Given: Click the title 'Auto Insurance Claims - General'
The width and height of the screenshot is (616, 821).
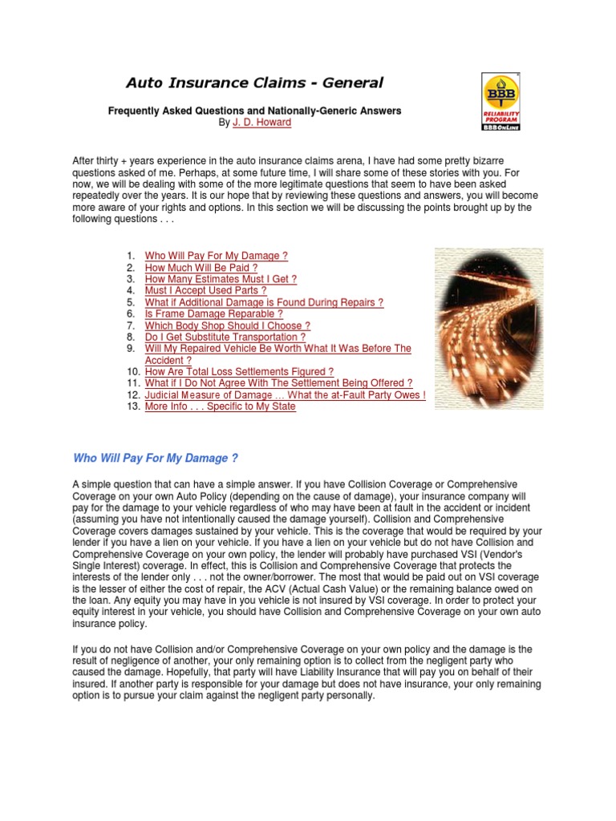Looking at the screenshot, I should [x=254, y=83].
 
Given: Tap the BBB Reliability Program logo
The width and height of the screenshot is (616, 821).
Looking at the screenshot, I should [x=500, y=101].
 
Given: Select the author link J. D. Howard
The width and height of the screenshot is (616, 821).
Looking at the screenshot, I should [x=261, y=123].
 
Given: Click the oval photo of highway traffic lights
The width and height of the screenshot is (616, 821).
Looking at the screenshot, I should [x=488, y=328].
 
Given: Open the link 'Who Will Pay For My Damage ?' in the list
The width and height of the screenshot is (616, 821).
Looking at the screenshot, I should [x=216, y=257].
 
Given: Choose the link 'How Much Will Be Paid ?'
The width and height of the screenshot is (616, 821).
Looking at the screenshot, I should [x=201, y=268].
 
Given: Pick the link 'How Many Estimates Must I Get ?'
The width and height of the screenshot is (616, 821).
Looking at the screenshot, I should [x=221, y=279].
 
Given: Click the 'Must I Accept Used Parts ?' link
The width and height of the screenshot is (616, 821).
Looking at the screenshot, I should [x=205, y=291].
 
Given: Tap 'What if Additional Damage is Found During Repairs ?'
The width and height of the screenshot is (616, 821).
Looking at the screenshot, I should [x=264, y=302].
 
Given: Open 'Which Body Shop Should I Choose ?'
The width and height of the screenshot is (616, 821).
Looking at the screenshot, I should [x=227, y=326].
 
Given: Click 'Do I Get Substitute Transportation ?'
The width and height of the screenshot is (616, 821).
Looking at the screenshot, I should [x=225, y=338].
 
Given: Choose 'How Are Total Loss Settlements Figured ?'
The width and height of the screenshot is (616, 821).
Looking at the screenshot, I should [x=239, y=372].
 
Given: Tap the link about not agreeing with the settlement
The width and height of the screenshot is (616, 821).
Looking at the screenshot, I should [x=278, y=383].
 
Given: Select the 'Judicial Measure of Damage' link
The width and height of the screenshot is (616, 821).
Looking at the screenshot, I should [x=285, y=395].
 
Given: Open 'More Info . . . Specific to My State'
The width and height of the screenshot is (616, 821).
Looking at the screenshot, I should [x=220, y=406].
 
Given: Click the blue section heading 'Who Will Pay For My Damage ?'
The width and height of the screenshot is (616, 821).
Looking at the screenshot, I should [x=156, y=459].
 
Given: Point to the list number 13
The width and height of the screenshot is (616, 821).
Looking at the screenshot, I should [x=132, y=406].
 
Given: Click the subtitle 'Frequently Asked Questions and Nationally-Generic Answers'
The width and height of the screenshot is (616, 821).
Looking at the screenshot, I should [x=254, y=111].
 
